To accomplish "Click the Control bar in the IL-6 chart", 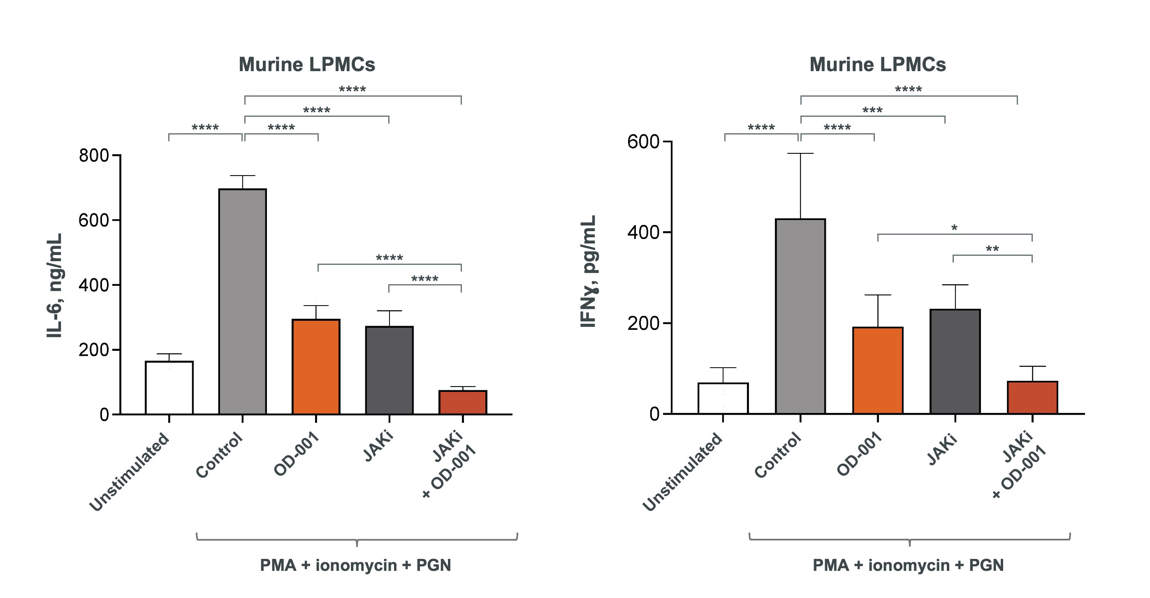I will pos(242,301).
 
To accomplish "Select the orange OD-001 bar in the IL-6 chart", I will pos(315,366).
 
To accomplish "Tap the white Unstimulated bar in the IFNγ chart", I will pos(723,398).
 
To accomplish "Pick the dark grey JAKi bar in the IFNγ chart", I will pos(955,362).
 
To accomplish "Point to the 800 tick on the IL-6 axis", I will pos(94,156).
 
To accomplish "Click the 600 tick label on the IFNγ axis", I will pos(643,142).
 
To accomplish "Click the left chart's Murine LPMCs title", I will pos(307,65).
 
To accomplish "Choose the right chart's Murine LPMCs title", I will pos(877,65).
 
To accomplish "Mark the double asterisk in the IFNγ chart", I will pos(992,249).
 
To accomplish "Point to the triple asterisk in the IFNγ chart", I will pos(872,110).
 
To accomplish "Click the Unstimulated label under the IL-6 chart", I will pos(130,472).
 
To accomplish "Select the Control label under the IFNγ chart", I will pos(778,455).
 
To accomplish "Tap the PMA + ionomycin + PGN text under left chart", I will pos(355,565).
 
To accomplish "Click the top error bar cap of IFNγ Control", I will pos(800,153).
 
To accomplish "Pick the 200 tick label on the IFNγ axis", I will pos(643,324).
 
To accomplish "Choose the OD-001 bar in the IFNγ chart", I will pos(877,371).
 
